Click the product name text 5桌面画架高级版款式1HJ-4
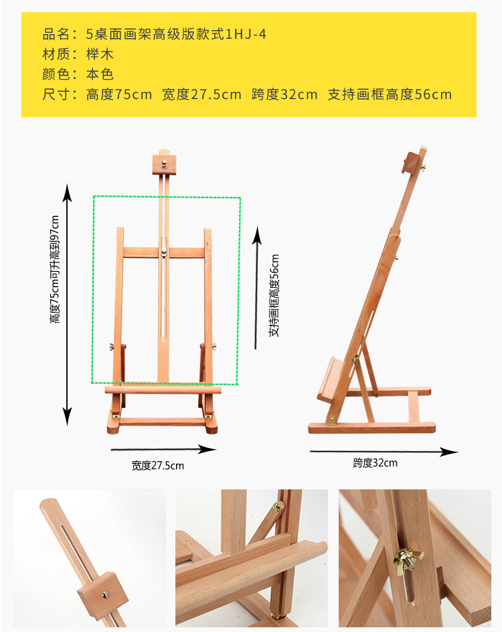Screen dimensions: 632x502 point(177,33)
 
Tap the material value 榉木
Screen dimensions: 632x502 point(100,54)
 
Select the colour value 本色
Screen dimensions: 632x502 point(100,74)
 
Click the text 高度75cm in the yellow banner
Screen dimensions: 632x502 point(119,94)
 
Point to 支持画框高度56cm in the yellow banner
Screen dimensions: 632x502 point(390,94)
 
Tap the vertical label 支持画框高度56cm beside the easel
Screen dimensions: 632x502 point(274,295)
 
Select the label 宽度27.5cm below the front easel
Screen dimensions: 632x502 point(158,465)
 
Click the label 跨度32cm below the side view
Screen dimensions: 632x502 point(375,463)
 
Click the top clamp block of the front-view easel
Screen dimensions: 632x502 point(165,163)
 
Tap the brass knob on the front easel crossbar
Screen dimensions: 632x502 point(164,253)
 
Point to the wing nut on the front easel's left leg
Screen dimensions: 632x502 point(112,347)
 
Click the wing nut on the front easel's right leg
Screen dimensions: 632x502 point(215,346)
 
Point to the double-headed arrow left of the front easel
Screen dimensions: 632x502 point(67,305)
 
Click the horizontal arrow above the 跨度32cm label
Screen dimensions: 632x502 point(384,452)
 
